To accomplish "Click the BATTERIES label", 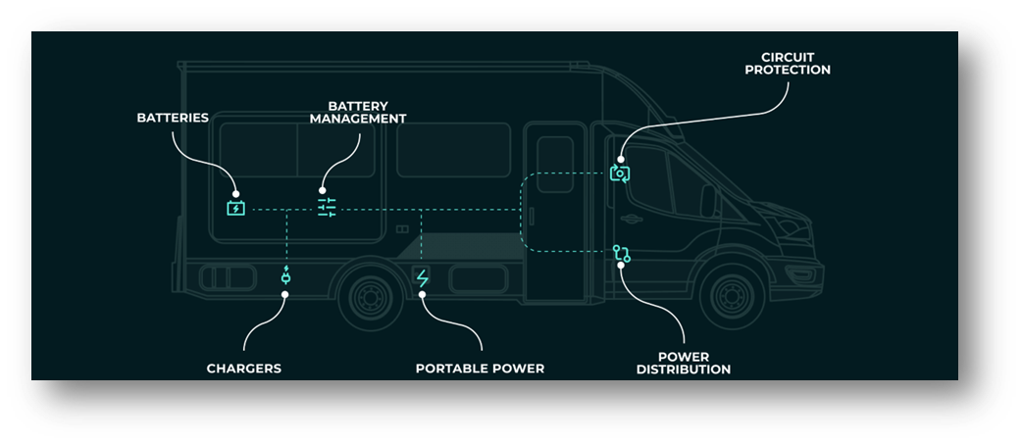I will coord(172,118).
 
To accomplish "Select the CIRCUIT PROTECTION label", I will coord(788,63).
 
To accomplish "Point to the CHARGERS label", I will coord(243,369).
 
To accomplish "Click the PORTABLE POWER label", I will coord(480,369).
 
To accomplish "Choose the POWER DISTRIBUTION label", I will coord(683,363).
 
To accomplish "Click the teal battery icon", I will coord(235,208).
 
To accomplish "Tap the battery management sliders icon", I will coord(327,208).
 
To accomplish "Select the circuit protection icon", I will coord(620,173).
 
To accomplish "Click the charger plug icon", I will coord(285,277).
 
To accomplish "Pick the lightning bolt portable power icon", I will coord(423,278).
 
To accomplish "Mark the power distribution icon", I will coord(621,254).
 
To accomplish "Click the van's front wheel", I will coord(731,293).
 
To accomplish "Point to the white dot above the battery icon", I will coord(235,194).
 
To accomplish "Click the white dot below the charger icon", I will coord(285,293).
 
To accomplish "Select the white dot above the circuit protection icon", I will coord(620,159).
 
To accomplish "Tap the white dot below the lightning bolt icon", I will coord(423,294).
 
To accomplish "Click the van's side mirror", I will coord(707,200).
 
